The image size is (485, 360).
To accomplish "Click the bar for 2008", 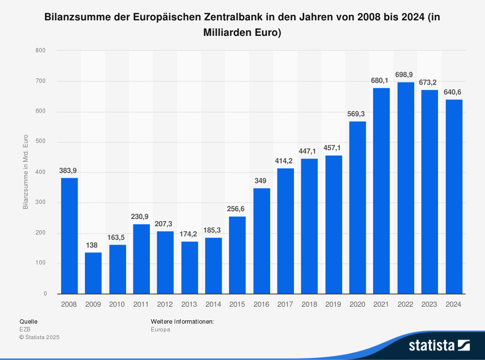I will [69, 235].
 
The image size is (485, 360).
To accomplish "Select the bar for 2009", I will [93, 273].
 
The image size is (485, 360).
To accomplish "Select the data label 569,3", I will [357, 114].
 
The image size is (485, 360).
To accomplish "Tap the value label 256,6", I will [237, 209].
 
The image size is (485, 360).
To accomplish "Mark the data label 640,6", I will [454, 92].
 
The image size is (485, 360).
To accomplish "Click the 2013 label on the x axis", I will [190, 304].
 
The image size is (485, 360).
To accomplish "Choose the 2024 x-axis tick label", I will [454, 304].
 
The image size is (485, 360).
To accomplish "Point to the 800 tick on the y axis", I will [41, 50].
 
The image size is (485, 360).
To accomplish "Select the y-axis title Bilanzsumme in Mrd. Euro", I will [25, 172].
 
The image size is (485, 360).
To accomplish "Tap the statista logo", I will [439, 345].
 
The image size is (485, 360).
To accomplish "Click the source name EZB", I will [25, 329].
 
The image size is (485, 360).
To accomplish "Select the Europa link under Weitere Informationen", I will [161, 329].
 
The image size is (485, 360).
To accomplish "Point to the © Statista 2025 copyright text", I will [39, 337].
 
